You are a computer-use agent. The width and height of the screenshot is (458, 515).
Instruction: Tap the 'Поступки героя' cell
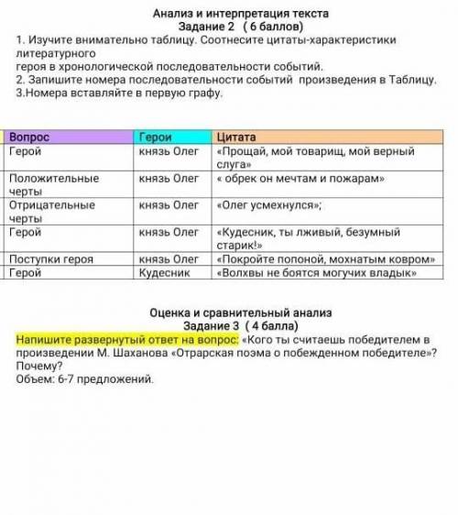[x=50, y=259]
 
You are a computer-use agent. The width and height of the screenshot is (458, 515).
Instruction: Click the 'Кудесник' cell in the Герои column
[x=165, y=272]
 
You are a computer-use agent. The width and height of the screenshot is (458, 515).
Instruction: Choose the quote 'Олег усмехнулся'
[x=267, y=205]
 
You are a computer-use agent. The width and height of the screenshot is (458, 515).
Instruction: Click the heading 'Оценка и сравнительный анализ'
[x=242, y=313]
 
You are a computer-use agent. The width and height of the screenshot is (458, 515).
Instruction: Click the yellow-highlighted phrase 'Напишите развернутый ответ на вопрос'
[x=126, y=340]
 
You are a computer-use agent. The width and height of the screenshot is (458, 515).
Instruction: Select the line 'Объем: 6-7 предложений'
[x=86, y=378]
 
